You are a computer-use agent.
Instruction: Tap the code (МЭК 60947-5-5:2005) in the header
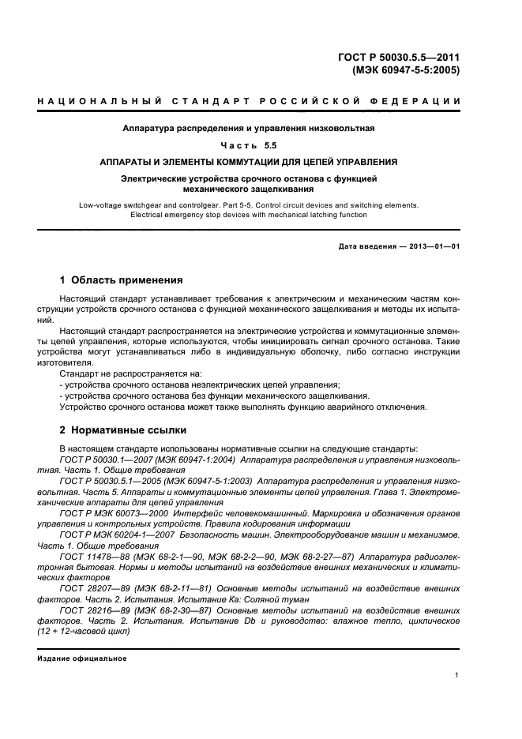pos(406,69)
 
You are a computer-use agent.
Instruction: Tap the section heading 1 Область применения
pos(122,279)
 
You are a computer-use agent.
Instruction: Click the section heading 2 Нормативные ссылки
pos(123,430)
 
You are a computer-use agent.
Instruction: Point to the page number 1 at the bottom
pos(457,675)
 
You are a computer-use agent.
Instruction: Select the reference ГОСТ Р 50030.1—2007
pos(105,459)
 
